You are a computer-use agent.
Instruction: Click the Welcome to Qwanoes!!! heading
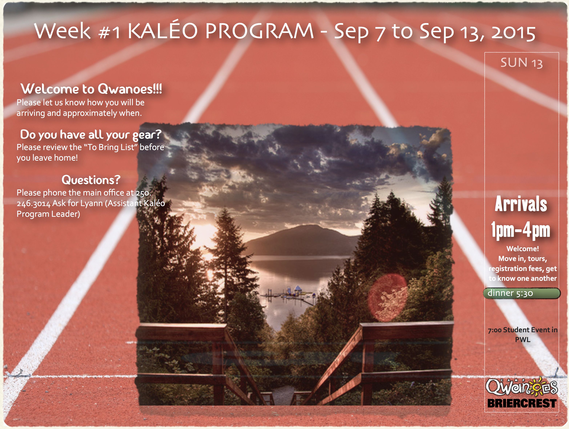(91, 89)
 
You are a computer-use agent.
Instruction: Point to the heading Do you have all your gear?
(91, 135)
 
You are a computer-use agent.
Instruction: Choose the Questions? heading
(91, 180)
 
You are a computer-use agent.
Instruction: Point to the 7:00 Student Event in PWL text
(522, 335)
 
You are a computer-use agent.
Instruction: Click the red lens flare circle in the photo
(387, 298)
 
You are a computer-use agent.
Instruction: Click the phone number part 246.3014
(33, 203)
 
